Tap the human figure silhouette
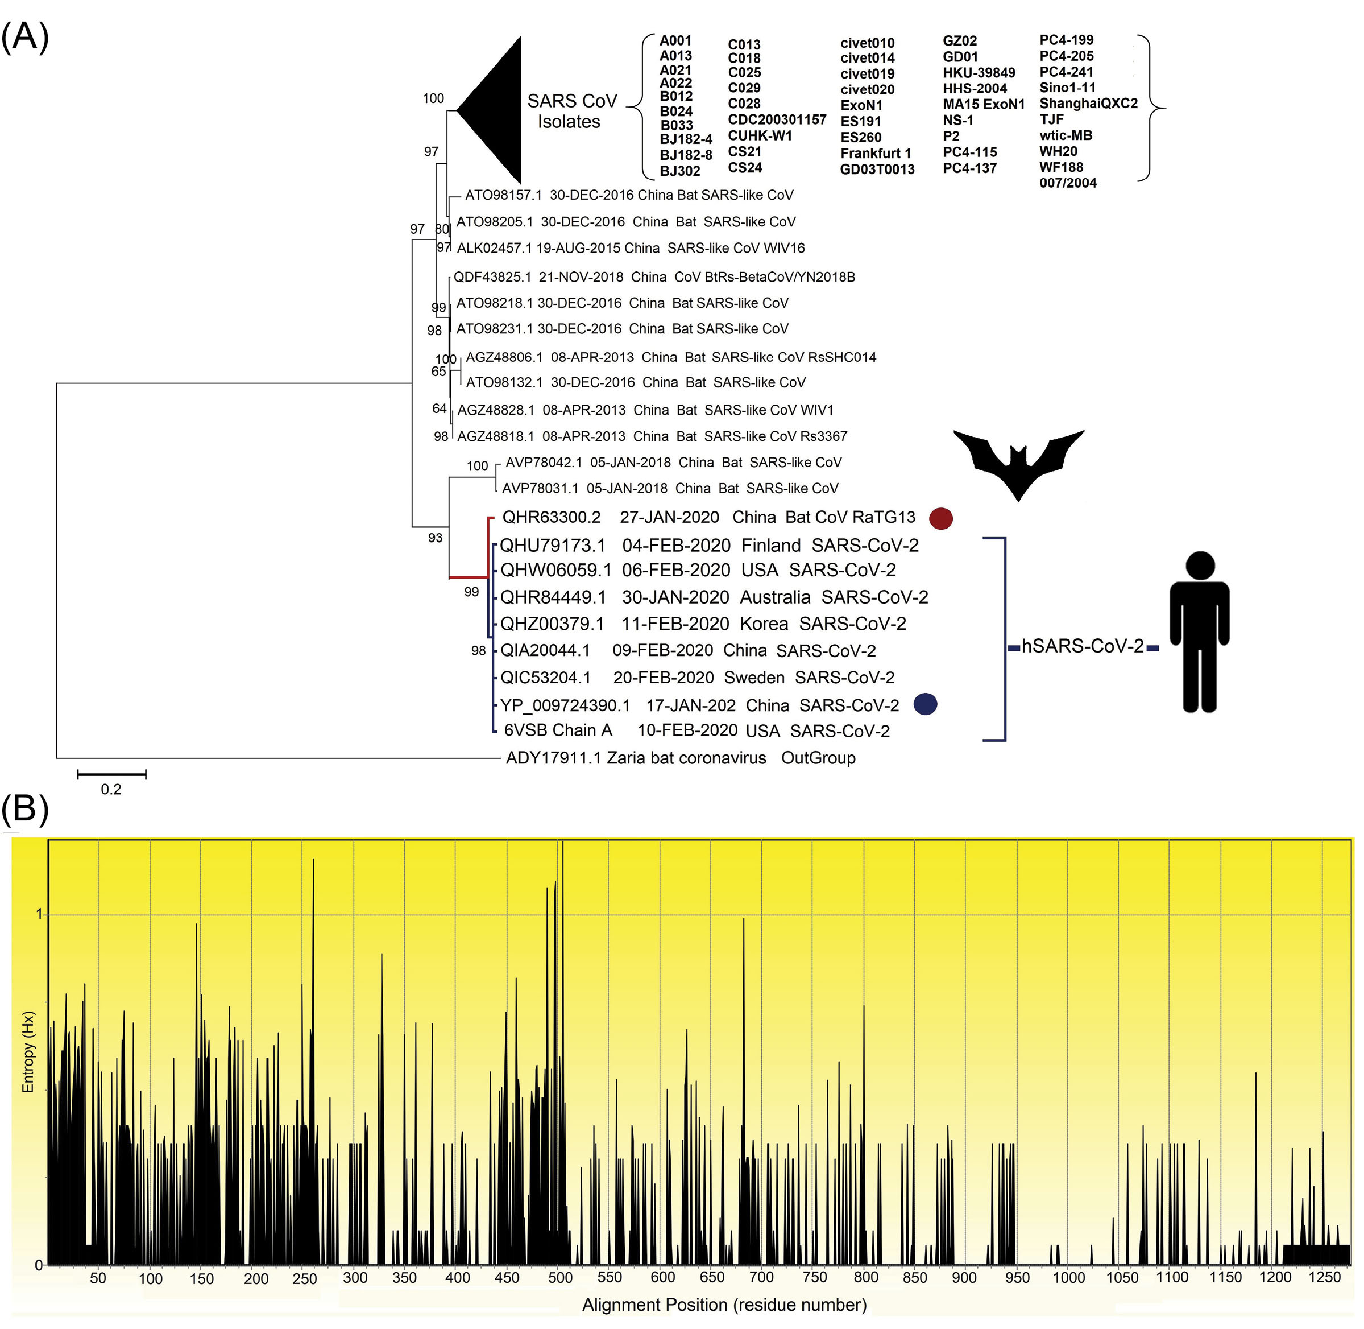(x=1199, y=632)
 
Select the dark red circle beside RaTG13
(x=940, y=518)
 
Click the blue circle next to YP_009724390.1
(x=925, y=704)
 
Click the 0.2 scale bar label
(x=111, y=790)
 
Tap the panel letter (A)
(x=25, y=36)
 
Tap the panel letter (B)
(x=25, y=809)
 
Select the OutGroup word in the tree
(x=818, y=758)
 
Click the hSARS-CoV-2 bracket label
(x=1082, y=646)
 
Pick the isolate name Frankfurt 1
(x=876, y=154)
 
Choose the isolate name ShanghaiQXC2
(x=1088, y=104)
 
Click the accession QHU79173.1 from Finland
(x=553, y=545)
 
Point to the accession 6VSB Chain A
(x=558, y=731)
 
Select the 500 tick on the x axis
(x=559, y=1278)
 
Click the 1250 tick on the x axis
(x=1324, y=1277)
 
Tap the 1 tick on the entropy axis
(x=39, y=914)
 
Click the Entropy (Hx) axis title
(x=28, y=1052)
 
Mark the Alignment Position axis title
(x=724, y=1305)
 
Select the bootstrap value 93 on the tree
(x=436, y=538)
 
